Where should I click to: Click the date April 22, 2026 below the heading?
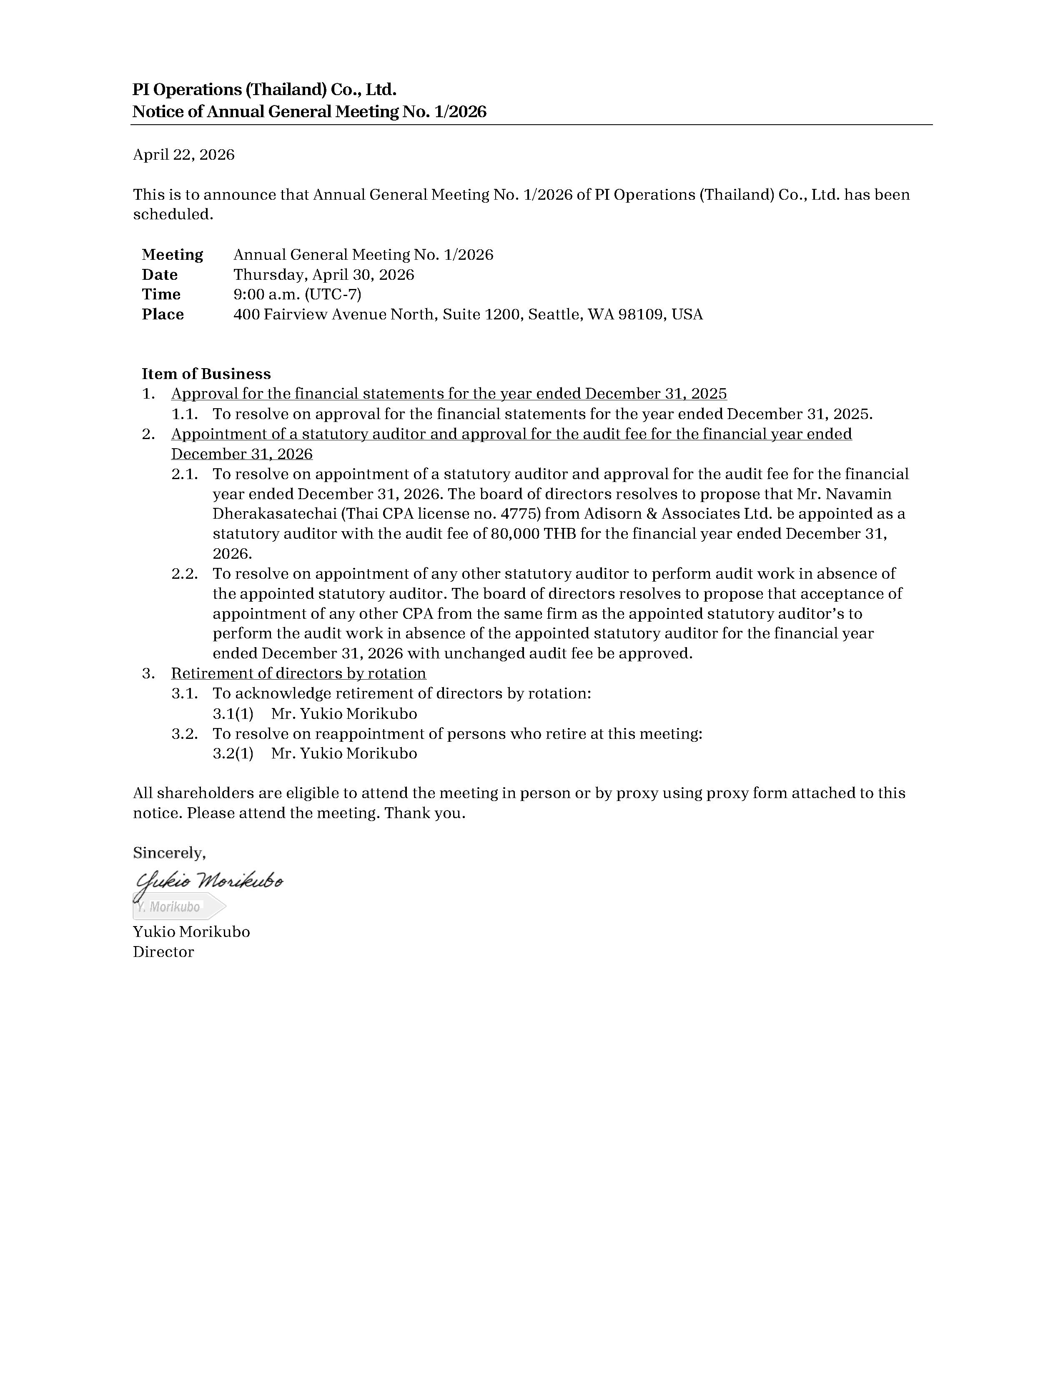pyautogui.click(x=183, y=155)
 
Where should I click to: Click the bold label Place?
pyautogui.click(x=163, y=314)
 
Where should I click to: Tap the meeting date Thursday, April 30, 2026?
pyautogui.click(x=323, y=275)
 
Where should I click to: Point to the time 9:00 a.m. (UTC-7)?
pyautogui.click(x=297, y=294)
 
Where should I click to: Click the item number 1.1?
pyautogui.click(x=185, y=414)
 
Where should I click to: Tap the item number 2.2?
pyautogui.click(x=185, y=574)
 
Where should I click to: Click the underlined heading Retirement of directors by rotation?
pyautogui.click(x=298, y=673)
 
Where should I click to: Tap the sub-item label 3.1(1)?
pyautogui.click(x=233, y=714)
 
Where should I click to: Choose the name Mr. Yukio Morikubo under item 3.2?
pyautogui.click(x=344, y=753)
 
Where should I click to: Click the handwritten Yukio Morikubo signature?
pyautogui.click(x=209, y=882)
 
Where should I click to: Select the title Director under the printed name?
pyautogui.click(x=163, y=952)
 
